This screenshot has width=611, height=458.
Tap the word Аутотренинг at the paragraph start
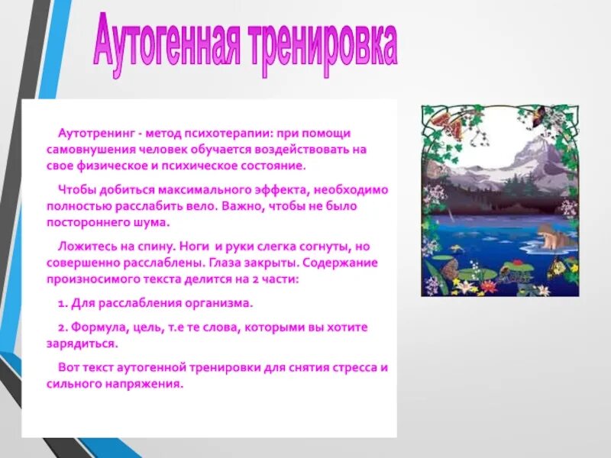(x=92, y=133)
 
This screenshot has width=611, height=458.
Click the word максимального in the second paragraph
(x=201, y=189)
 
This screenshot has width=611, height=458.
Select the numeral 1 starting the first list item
(x=60, y=303)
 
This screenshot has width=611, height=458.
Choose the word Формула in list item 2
(x=97, y=327)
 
